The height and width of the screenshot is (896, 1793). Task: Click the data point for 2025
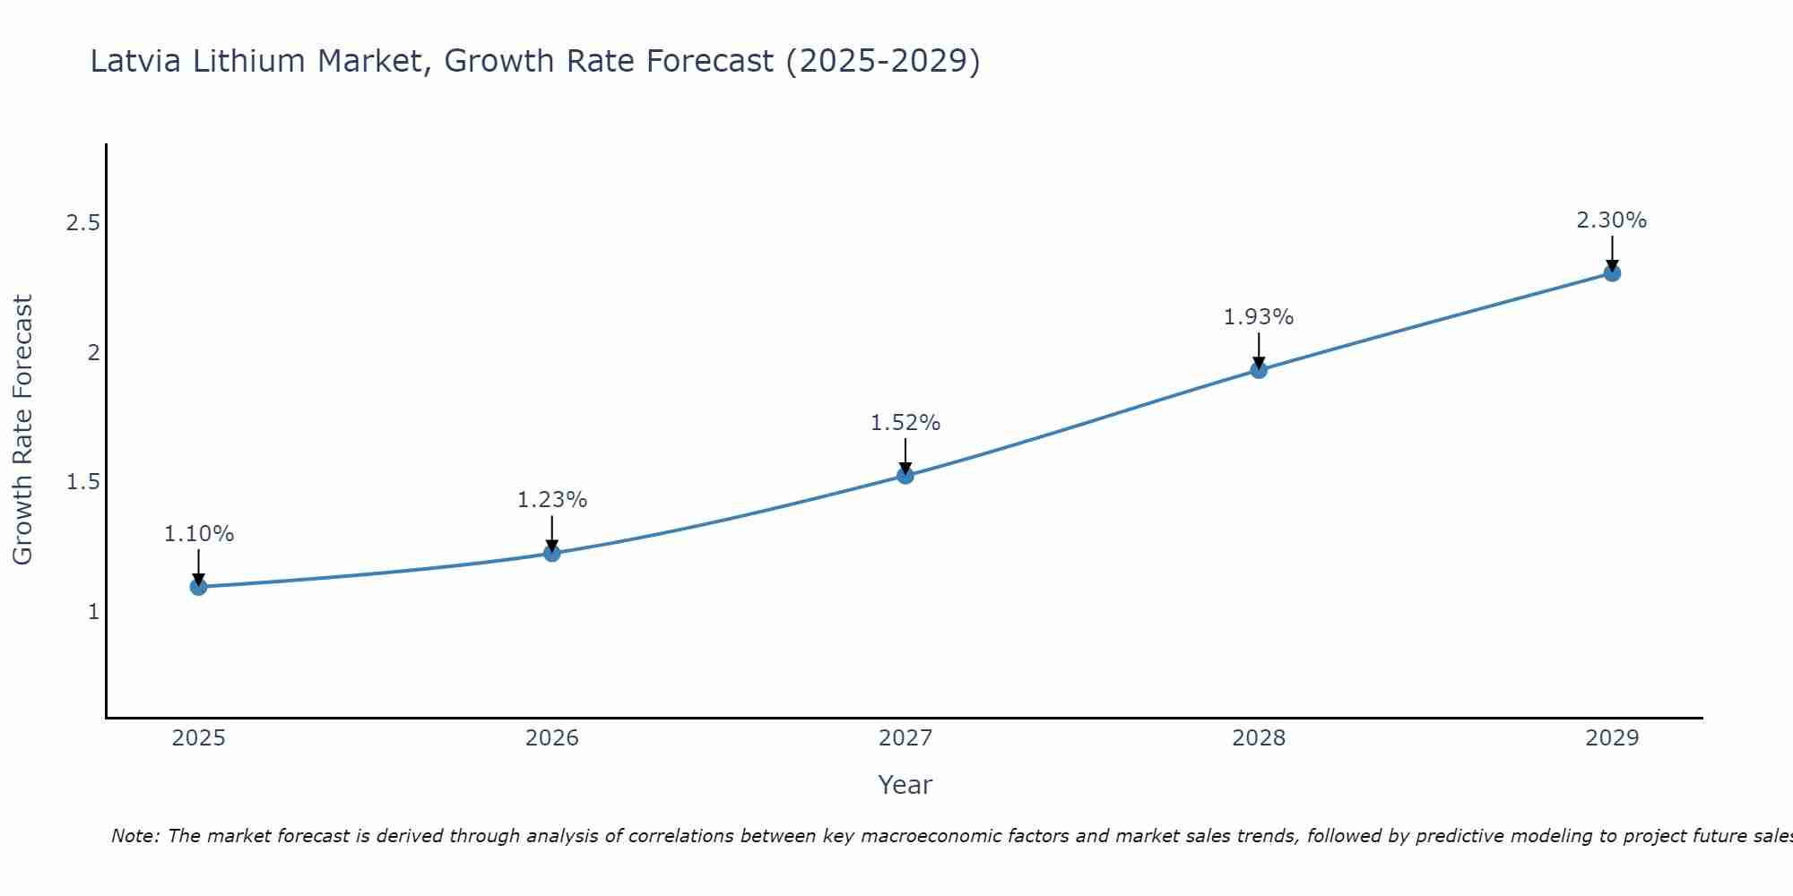[x=199, y=587]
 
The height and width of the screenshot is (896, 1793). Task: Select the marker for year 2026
[x=552, y=553]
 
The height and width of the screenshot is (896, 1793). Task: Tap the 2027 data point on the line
[x=905, y=475]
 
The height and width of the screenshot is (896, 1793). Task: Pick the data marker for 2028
[x=1259, y=370]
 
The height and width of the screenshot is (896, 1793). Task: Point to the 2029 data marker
[x=1612, y=273]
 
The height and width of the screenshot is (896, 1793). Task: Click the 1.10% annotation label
[x=199, y=534]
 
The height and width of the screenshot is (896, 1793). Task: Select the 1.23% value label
[x=552, y=500]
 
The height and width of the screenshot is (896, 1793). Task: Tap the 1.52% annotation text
[x=905, y=423]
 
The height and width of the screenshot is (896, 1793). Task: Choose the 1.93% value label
[x=1259, y=317]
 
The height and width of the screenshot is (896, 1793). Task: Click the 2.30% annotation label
[x=1612, y=220]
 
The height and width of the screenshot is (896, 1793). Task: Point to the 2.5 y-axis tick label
[x=82, y=223]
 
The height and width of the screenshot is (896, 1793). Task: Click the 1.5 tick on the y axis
[x=82, y=482]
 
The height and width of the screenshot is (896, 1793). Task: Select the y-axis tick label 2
[x=93, y=352]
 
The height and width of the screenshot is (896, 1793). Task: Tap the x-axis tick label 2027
[x=905, y=738]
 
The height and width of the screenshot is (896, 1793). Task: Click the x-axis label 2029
[x=1612, y=738]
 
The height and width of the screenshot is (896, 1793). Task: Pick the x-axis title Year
[x=905, y=785]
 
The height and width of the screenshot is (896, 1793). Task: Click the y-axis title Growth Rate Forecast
[x=22, y=430]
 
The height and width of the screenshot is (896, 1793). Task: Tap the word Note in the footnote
[x=134, y=836]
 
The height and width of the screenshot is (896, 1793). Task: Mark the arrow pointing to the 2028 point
[x=1259, y=350]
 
